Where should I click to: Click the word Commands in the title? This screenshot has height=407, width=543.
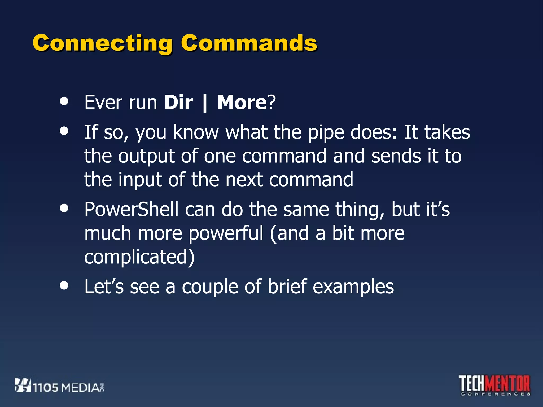(x=249, y=43)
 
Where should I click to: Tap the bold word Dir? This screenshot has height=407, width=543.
(x=178, y=102)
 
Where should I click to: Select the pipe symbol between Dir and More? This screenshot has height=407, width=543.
(x=205, y=103)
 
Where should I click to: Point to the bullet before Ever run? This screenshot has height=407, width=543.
(x=64, y=101)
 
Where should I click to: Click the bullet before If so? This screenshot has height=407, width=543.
(x=64, y=131)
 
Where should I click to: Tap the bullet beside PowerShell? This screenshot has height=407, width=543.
(x=64, y=208)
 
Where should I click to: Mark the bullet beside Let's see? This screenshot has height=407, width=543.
(x=64, y=285)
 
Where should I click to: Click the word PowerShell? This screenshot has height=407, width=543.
(x=131, y=209)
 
